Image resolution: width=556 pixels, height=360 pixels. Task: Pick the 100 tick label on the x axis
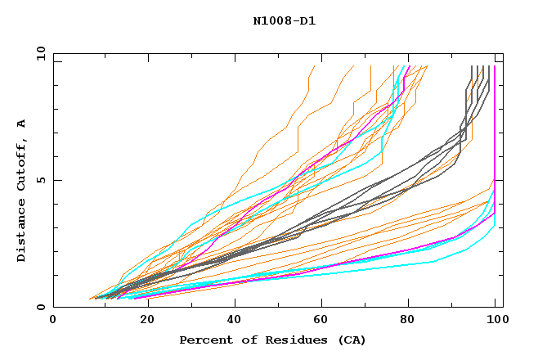click(495, 321)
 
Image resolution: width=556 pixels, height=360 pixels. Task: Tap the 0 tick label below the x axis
click(54, 321)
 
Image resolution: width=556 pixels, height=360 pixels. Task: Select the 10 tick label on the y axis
click(38, 53)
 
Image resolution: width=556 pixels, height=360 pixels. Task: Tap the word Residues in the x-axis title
click(290, 340)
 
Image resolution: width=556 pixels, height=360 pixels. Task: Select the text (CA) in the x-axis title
click(351, 340)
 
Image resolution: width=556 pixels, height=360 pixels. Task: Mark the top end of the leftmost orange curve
click(314, 66)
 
